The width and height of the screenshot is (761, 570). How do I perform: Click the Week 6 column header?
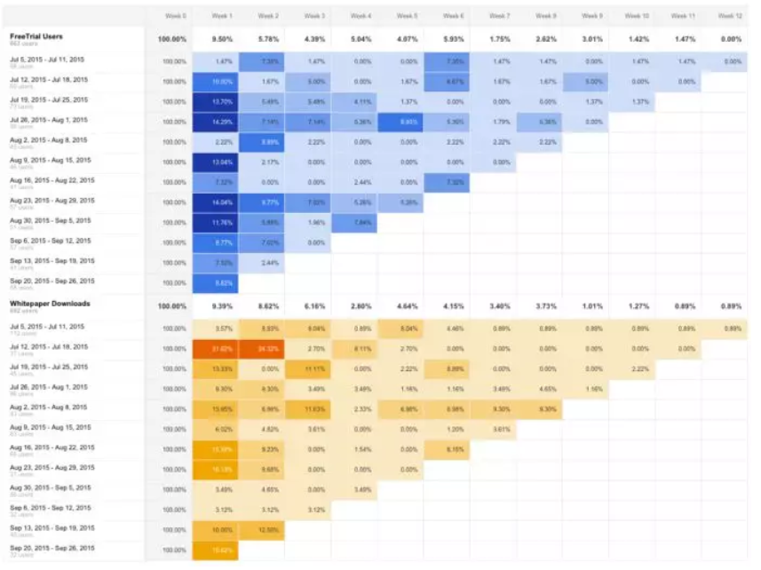[453, 16]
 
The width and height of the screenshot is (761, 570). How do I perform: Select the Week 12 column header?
[729, 16]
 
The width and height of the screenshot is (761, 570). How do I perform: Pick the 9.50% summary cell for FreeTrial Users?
[222, 40]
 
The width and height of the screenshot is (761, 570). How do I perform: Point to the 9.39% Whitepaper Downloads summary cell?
[222, 306]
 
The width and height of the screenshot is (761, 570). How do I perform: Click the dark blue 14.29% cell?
[222, 121]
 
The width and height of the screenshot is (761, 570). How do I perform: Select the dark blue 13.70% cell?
[222, 101]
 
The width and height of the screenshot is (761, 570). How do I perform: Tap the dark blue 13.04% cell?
[222, 162]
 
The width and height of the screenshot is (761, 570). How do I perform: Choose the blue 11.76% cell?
[222, 222]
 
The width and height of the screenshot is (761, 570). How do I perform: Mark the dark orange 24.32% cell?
[268, 348]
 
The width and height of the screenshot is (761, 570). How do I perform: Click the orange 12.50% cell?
[268, 530]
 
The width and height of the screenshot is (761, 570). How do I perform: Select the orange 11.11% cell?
[314, 368]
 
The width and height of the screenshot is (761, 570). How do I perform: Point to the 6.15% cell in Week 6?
[453, 449]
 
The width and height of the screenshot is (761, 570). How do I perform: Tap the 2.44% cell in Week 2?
[268, 263]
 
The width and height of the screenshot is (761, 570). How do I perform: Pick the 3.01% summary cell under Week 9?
[591, 40]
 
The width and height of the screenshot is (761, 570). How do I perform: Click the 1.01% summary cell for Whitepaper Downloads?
[591, 306]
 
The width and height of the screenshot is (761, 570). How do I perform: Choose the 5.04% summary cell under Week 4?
[361, 40]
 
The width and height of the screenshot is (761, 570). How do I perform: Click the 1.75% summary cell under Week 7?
[499, 40]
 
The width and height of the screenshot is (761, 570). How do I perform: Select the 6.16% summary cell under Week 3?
[314, 306]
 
